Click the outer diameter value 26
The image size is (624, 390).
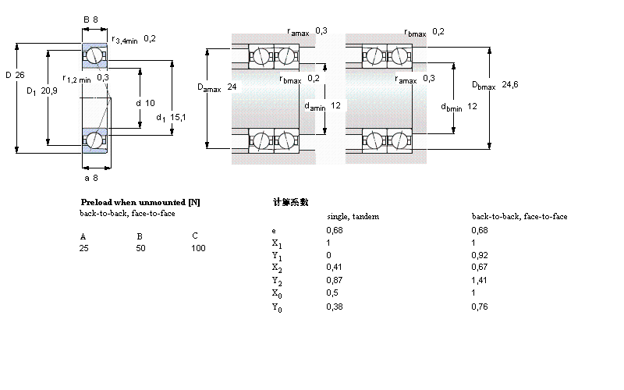click(21, 76)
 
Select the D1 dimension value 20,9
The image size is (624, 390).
click(48, 91)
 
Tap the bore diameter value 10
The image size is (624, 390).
click(150, 103)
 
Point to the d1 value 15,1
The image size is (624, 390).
click(178, 117)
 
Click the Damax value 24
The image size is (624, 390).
click(232, 88)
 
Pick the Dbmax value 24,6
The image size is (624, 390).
click(510, 84)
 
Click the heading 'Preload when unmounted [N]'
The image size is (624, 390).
click(140, 202)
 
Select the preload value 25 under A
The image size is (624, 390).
click(83, 248)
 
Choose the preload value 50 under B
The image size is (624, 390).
click(141, 248)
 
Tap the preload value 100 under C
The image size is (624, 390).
click(198, 248)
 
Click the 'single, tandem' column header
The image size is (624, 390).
click(352, 216)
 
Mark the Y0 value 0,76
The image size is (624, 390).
click(479, 307)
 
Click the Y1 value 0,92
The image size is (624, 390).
click(479, 255)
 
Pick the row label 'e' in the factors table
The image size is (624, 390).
click(273, 231)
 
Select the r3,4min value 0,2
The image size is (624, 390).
click(150, 38)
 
